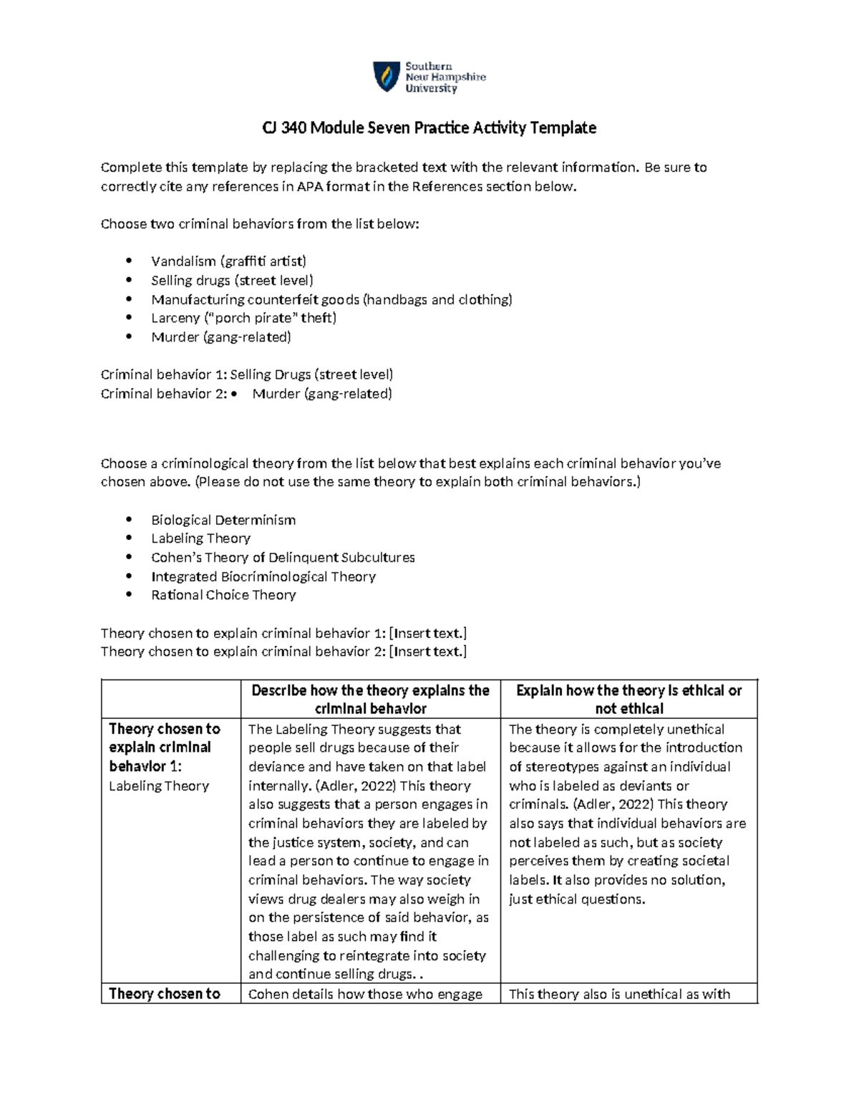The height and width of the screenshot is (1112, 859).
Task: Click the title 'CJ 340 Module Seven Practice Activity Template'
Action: (x=429, y=128)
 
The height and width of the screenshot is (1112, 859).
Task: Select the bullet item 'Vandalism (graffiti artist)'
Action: (x=228, y=261)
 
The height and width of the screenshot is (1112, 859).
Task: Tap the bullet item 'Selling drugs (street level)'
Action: (x=232, y=281)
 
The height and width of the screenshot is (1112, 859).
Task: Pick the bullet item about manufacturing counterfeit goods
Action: (x=331, y=299)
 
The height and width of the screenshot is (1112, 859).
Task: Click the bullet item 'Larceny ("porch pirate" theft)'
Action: (x=243, y=318)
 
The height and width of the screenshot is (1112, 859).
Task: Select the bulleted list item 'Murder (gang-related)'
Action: (x=221, y=337)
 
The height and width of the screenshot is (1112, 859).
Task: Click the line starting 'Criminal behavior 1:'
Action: (x=247, y=374)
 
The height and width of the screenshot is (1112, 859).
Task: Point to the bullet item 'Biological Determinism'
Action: (x=223, y=520)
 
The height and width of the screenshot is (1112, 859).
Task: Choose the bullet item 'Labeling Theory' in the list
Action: (x=200, y=538)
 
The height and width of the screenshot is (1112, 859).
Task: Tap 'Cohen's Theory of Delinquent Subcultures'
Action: (x=283, y=557)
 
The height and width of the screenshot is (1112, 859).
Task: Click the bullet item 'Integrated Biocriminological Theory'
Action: (x=263, y=576)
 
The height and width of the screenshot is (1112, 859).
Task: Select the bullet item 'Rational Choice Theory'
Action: (x=223, y=595)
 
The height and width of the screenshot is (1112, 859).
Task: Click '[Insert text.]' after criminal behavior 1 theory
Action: (x=427, y=633)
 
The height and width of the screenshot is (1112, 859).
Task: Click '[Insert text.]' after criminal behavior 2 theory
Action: (x=427, y=652)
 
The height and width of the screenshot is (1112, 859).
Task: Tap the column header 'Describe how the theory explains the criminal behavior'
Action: (x=370, y=700)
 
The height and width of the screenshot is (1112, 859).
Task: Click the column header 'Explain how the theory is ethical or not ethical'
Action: (x=629, y=700)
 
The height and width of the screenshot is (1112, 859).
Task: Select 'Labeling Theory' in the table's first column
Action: (x=159, y=786)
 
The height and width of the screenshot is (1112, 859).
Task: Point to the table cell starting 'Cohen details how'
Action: (x=365, y=994)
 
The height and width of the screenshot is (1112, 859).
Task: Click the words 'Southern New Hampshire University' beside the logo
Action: (x=445, y=77)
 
